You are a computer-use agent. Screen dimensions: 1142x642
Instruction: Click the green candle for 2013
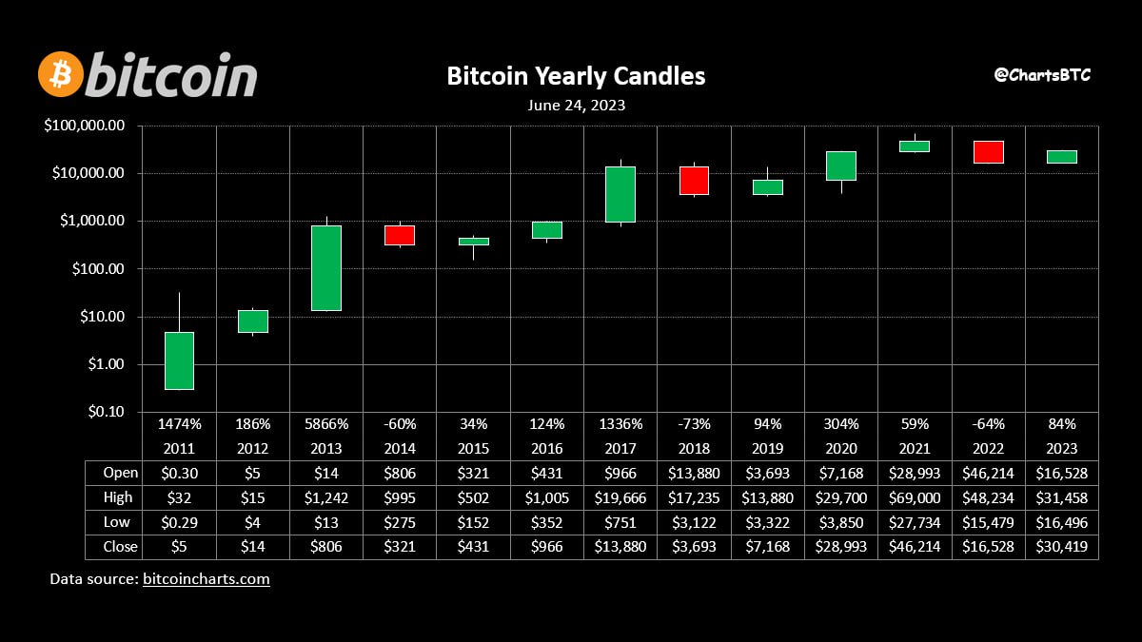coord(326,268)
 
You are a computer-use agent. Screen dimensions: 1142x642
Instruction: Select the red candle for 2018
coord(694,181)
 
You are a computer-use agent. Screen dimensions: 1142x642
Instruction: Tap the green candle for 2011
coord(180,360)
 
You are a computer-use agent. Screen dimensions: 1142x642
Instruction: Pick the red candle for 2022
coord(989,152)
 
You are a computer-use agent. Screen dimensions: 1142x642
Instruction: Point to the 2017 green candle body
coord(620,194)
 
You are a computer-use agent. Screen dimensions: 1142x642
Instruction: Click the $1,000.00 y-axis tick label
coord(92,221)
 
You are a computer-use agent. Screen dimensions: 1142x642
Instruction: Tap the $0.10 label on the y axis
coord(106,412)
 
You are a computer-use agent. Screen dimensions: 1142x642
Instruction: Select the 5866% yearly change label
coord(326,424)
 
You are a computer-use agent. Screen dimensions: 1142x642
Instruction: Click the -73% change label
coord(694,424)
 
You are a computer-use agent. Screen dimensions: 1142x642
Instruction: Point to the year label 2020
coord(841,448)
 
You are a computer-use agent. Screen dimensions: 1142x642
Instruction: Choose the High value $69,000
coord(915,497)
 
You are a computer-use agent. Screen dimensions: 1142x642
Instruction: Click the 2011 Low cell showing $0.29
coord(180,522)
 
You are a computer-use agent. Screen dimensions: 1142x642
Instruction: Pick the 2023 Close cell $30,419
coord(1062,547)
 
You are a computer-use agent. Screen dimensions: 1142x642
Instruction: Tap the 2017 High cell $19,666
coord(620,497)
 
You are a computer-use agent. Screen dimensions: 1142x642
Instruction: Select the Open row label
coord(120,473)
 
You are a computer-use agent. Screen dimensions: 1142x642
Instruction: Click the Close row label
coord(120,547)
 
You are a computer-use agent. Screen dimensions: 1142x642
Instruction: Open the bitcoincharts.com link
coord(206,579)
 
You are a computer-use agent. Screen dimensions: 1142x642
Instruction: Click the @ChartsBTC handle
coord(1042,75)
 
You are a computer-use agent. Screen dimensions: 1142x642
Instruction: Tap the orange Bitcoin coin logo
coord(61,74)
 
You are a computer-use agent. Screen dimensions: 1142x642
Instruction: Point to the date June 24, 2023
coord(576,106)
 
